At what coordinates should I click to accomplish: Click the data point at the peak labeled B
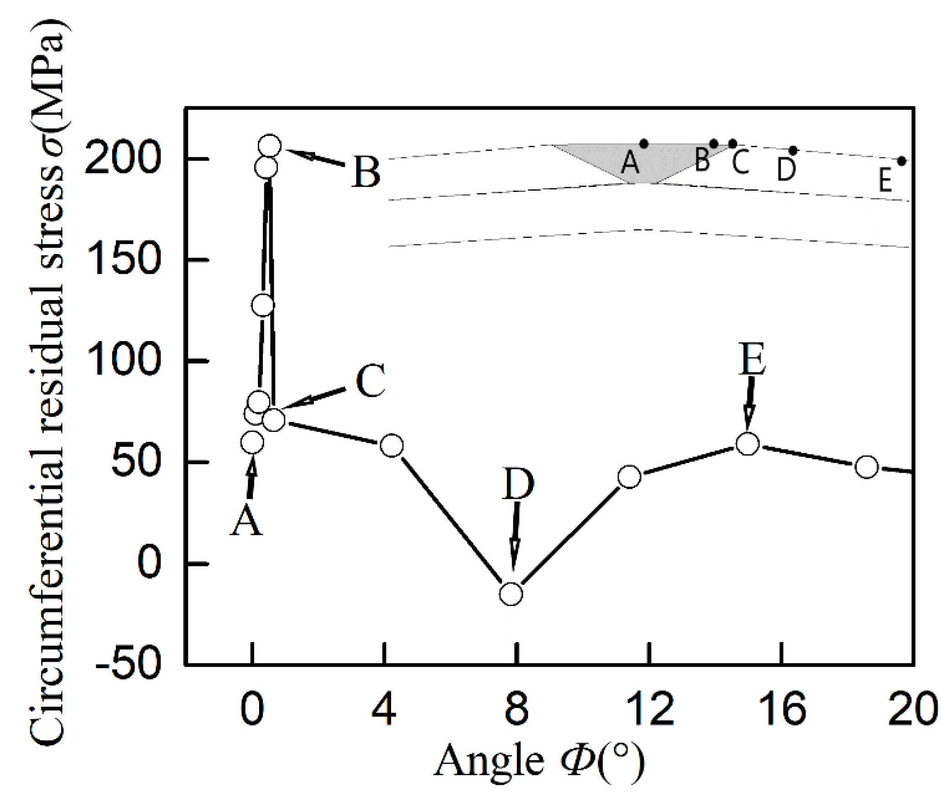tap(270, 146)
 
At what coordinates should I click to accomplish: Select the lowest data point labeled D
tap(511, 594)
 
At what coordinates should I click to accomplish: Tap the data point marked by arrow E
tap(748, 443)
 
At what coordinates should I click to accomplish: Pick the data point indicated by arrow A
tap(252, 442)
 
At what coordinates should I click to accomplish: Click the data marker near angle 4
tap(392, 445)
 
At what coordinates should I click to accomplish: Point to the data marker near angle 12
tap(629, 477)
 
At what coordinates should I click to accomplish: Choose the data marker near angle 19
tap(867, 466)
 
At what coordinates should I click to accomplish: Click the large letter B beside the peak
tap(366, 172)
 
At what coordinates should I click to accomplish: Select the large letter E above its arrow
tap(752, 359)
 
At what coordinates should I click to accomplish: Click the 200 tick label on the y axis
tap(122, 159)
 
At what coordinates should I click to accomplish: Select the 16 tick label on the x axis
tap(781, 709)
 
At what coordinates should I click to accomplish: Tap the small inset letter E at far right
tap(885, 180)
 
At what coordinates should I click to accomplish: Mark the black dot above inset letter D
tap(793, 150)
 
